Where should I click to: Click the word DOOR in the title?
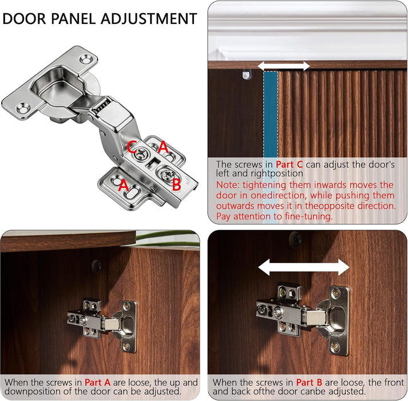tap(24, 19)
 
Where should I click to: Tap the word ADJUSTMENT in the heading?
tap(149, 19)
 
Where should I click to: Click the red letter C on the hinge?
tap(132, 147)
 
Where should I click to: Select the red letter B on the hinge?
tap(176, 184)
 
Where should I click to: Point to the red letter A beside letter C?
tap(164, 147)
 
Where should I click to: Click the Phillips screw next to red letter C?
tap(141, 154)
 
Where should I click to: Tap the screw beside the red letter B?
tap(167, 175)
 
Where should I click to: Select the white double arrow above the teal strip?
tap(284, 66)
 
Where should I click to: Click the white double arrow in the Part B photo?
tap(304, 268)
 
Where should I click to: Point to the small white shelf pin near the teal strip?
tap(246, 75)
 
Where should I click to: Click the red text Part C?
tap(290, 164)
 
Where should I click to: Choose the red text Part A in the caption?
tap(98, 383)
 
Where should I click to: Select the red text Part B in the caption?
tap(309, 383)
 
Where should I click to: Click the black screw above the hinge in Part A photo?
tap(97, 266)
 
